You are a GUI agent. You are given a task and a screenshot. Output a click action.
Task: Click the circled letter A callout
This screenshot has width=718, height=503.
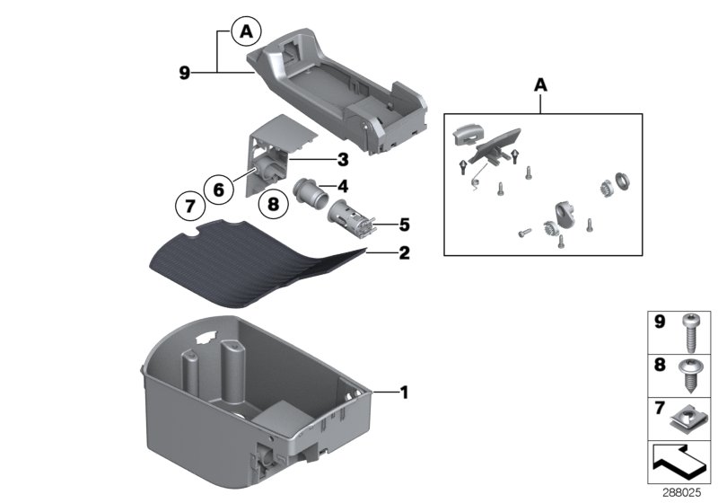pos(245,33)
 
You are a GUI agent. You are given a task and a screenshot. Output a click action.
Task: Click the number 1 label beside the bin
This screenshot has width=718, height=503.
pos(403,392)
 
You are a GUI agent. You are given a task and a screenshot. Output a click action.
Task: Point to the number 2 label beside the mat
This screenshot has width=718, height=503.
pos(403,254)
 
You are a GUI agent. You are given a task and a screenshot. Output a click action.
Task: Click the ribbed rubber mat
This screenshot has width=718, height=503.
pos(260,265)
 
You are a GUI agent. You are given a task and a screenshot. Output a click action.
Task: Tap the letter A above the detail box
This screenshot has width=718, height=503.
pos(541,85)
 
